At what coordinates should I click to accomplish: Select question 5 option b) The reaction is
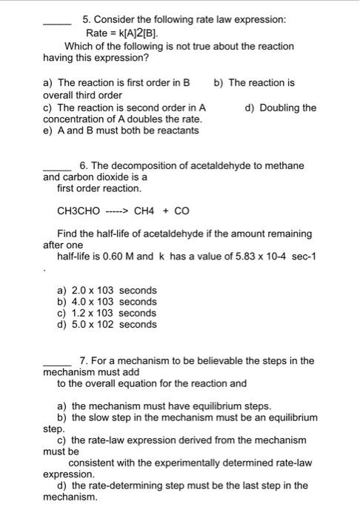(x=254, y=83)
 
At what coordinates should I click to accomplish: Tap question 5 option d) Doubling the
(x=280, y=108)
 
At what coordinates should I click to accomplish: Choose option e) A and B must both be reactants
(x=121, y=130)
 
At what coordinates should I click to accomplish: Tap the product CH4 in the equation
(x=145, y=211)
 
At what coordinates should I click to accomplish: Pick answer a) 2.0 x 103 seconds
(x=107, y=290)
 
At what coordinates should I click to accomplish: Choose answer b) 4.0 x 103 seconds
(x=107, y=301)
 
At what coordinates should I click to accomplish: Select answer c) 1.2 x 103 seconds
(x=107, y=313)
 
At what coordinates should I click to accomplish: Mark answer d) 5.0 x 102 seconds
(x=107, y=324)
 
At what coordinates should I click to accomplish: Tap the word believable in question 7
(x=213, y=361)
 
